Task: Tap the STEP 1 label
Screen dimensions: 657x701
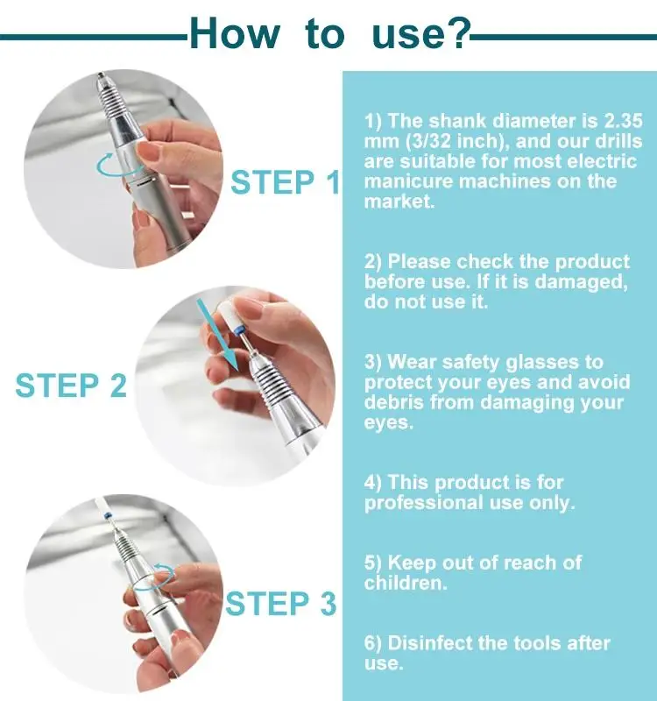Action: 286,182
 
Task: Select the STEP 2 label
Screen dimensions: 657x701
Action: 71,385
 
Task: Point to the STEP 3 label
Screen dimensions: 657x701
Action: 280,604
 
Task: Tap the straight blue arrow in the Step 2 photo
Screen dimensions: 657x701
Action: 218,335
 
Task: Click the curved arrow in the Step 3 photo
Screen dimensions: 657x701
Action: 157,577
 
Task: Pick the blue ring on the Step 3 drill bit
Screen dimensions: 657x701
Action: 107,516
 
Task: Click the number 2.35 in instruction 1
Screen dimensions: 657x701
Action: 623,121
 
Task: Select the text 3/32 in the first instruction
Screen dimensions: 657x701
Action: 429,141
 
